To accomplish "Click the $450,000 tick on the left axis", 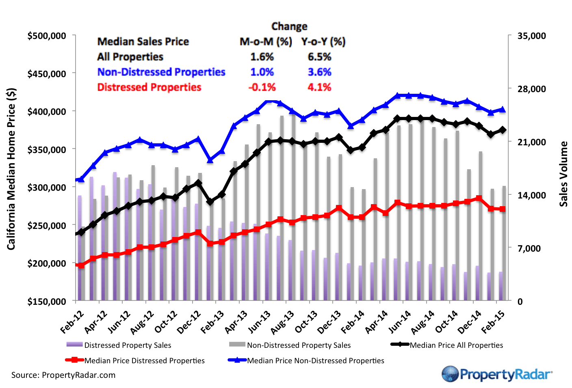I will pyautogui.click(x=46, y=74).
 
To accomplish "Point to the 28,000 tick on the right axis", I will pyautogui.click(x=531, y=89).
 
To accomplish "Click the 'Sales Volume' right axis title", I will pyautogui.click(x=563, y=174).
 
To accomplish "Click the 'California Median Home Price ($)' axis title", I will pyautogui.click(x=11, y=168).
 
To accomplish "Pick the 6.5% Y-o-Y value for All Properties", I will pyautogui.click(x=319, y=57).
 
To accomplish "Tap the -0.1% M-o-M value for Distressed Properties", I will pyautogui.click(x=262, y=87).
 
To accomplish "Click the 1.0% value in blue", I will pyautogui.click(x=262, y=72).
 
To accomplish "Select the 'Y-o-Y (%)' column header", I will pyautogui.click(x=323, y=42).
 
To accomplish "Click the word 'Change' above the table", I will pyautogui.click(x=289, y=26).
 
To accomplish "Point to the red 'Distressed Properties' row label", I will pyautogui.click(x=149, y=87).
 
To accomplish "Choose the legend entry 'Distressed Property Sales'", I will pyautogui.click(x=128, y=345).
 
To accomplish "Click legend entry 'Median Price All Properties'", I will pyautogui.click(x=456, y=345).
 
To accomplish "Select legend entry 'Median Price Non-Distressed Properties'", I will pyautogui.click(x=315, y=360).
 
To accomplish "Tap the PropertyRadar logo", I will pyautogui.click(x=497, y=374).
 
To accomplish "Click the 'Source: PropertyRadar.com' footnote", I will pyautogui.click(x=63, y=375).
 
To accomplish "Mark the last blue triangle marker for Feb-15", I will pyautogui.click(x=503, y=109).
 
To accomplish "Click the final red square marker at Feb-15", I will pyautogui.click(x=503, y=209).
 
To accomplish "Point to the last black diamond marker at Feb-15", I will pyautogui.click(x=503, y=130).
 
